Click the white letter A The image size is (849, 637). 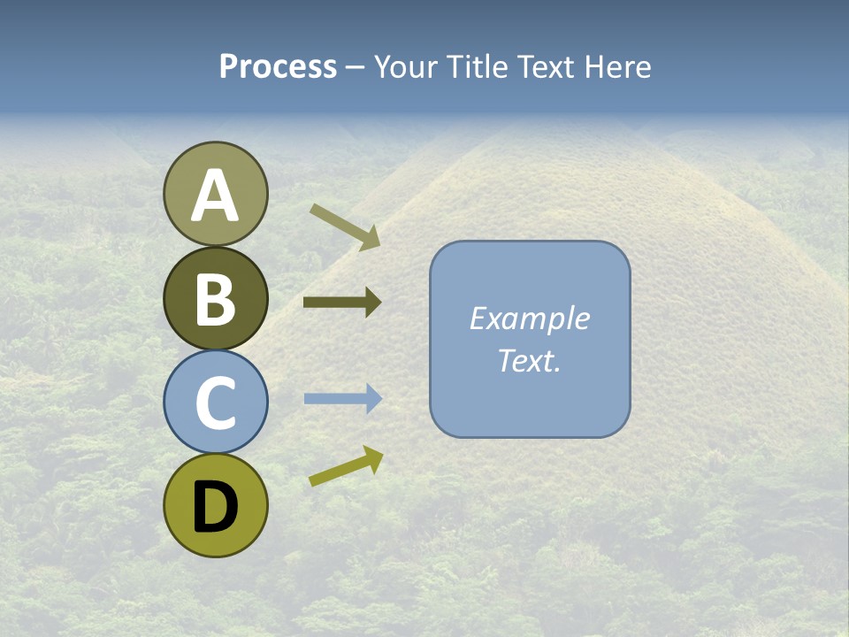pos(215,196)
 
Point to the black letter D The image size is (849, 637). pos(215,508)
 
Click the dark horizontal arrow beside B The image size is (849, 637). pos(341,303)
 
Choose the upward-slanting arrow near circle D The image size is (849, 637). pos(346,466)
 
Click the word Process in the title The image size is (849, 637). pos(278,67)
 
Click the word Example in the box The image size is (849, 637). pos(529,318)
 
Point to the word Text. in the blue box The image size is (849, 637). pos(529,360)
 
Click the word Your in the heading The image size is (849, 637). pos(407,67)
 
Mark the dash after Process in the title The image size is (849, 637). pos(355,68)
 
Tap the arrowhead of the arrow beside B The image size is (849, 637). pos(373,303)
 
